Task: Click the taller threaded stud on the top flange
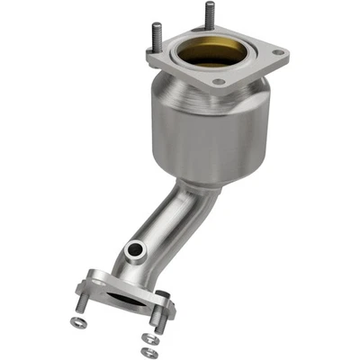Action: point(208,16)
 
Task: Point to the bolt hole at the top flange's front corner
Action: point(218,82)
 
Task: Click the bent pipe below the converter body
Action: point(171,225)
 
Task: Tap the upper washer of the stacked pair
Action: point(148,339)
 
